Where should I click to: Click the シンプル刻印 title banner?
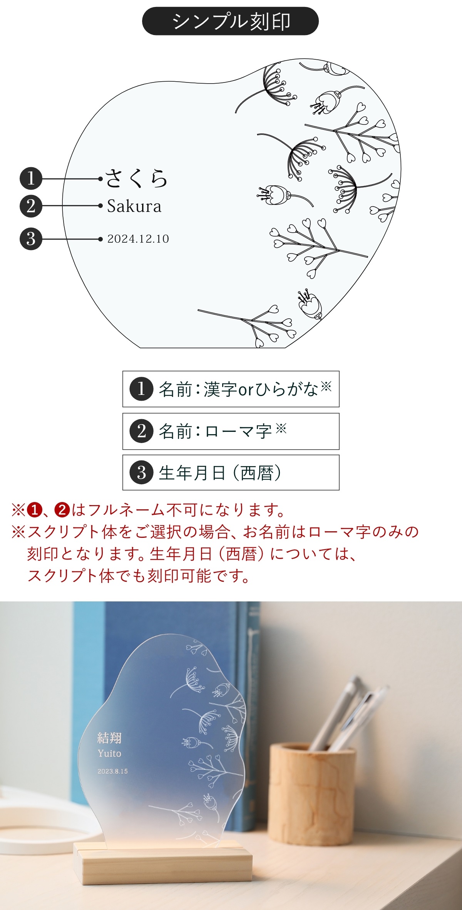coord(230,21)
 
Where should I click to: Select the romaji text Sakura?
coord(134,206)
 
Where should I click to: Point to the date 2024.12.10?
coord(138,239)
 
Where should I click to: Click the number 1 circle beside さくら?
coord(31,178)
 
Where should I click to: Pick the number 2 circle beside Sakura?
coord(31,206)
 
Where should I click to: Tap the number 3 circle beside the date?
coord(31,239)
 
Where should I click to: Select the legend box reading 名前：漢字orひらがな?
coord(231,389)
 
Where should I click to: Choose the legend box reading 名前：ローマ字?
coord(231,431)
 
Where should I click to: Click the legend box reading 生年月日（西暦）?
coord(231,472)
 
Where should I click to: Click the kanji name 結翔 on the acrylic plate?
coord(109,738)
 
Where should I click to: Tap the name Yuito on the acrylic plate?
coord(109,754)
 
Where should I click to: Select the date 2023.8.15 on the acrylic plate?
coord(112,771)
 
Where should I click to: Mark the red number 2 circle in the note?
coord(62,510)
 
